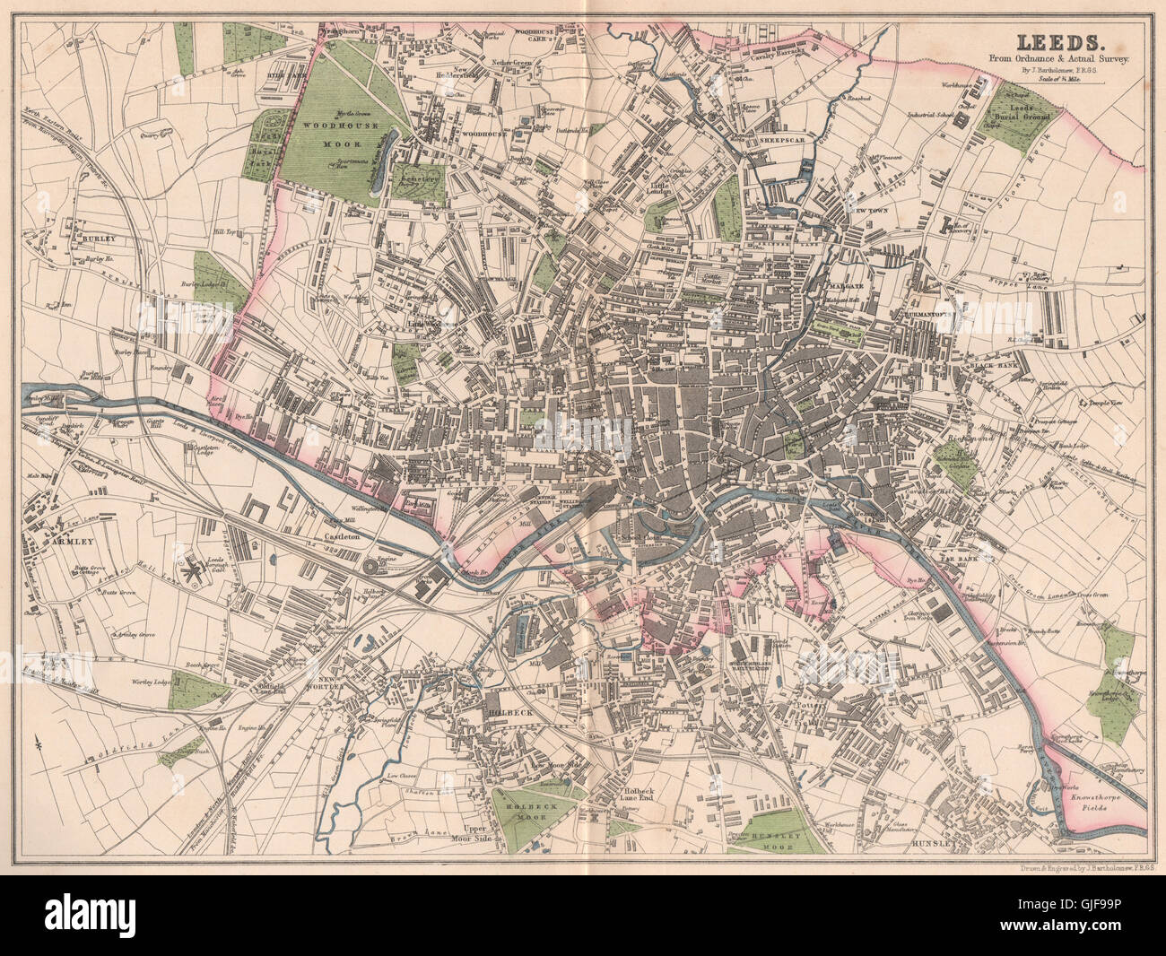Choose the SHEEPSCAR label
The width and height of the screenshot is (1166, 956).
click(761, 141)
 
